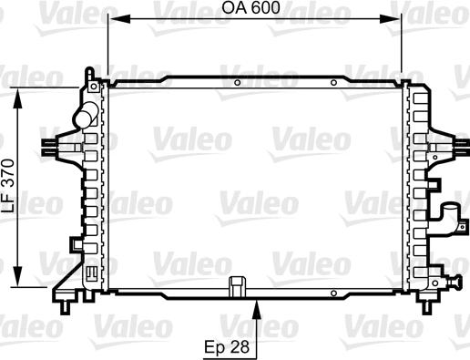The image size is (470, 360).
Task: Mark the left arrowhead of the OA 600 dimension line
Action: click(x=113, y=19)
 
